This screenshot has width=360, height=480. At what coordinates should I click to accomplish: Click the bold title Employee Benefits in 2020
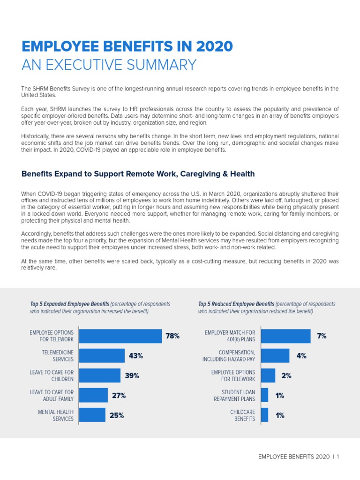click(x=127, y=46)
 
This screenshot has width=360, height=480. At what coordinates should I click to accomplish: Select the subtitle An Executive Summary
click(x=109, y=65)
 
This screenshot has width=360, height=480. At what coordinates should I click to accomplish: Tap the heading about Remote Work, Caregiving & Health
click(x=138, y=174)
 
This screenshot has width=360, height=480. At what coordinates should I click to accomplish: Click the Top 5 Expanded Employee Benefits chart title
click(x=69, y=304)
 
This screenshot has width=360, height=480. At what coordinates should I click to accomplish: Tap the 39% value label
click(x=132, y=375)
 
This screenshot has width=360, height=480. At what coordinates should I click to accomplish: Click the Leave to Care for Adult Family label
click(x=52, y=395)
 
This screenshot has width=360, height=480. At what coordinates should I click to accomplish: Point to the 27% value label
click(x=119, y=396)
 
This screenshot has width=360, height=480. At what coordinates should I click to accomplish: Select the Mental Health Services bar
click(x=92, y=415)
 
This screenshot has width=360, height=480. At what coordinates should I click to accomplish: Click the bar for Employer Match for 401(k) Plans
click(x=285, y=336)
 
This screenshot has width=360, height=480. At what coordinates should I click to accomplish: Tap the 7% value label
click(x=322, y=336)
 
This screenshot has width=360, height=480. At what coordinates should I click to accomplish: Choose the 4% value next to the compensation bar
click(x=301, y=356)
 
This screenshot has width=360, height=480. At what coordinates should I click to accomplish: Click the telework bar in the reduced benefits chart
click(x=268, y=375)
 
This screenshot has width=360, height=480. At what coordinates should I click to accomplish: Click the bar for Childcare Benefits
click(x=265, y=415)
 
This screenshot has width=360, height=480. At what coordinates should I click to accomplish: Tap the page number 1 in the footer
click(x=337, y=457)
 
